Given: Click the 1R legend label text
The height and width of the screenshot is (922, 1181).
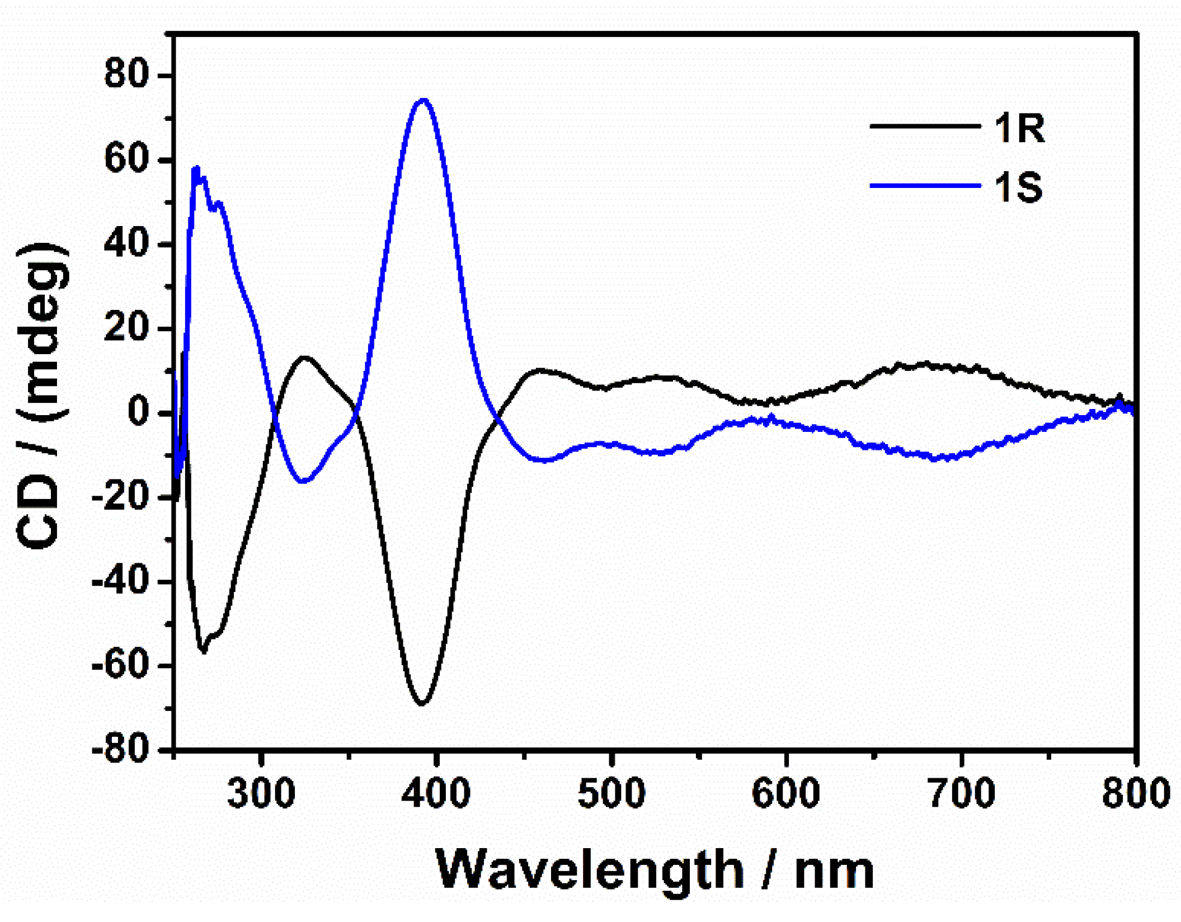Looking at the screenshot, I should point(1019,128).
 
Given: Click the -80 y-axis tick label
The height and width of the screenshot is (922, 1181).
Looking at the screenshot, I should point(121,750).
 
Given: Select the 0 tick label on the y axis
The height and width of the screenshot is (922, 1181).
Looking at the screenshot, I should point(140,412).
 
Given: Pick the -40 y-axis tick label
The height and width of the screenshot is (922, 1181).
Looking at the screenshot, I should point(121,581).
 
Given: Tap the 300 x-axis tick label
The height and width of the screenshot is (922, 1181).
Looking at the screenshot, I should point(261,793).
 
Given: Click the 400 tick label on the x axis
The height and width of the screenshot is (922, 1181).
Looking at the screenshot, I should point(436,793).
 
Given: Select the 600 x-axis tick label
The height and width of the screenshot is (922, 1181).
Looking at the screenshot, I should point(786,793).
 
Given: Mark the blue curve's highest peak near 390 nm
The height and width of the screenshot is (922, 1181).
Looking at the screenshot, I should point(424,100).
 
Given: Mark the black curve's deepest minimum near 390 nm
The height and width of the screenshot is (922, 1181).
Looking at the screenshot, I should point(422,703).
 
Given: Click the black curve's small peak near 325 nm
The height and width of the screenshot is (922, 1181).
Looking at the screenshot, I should point(304,357).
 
